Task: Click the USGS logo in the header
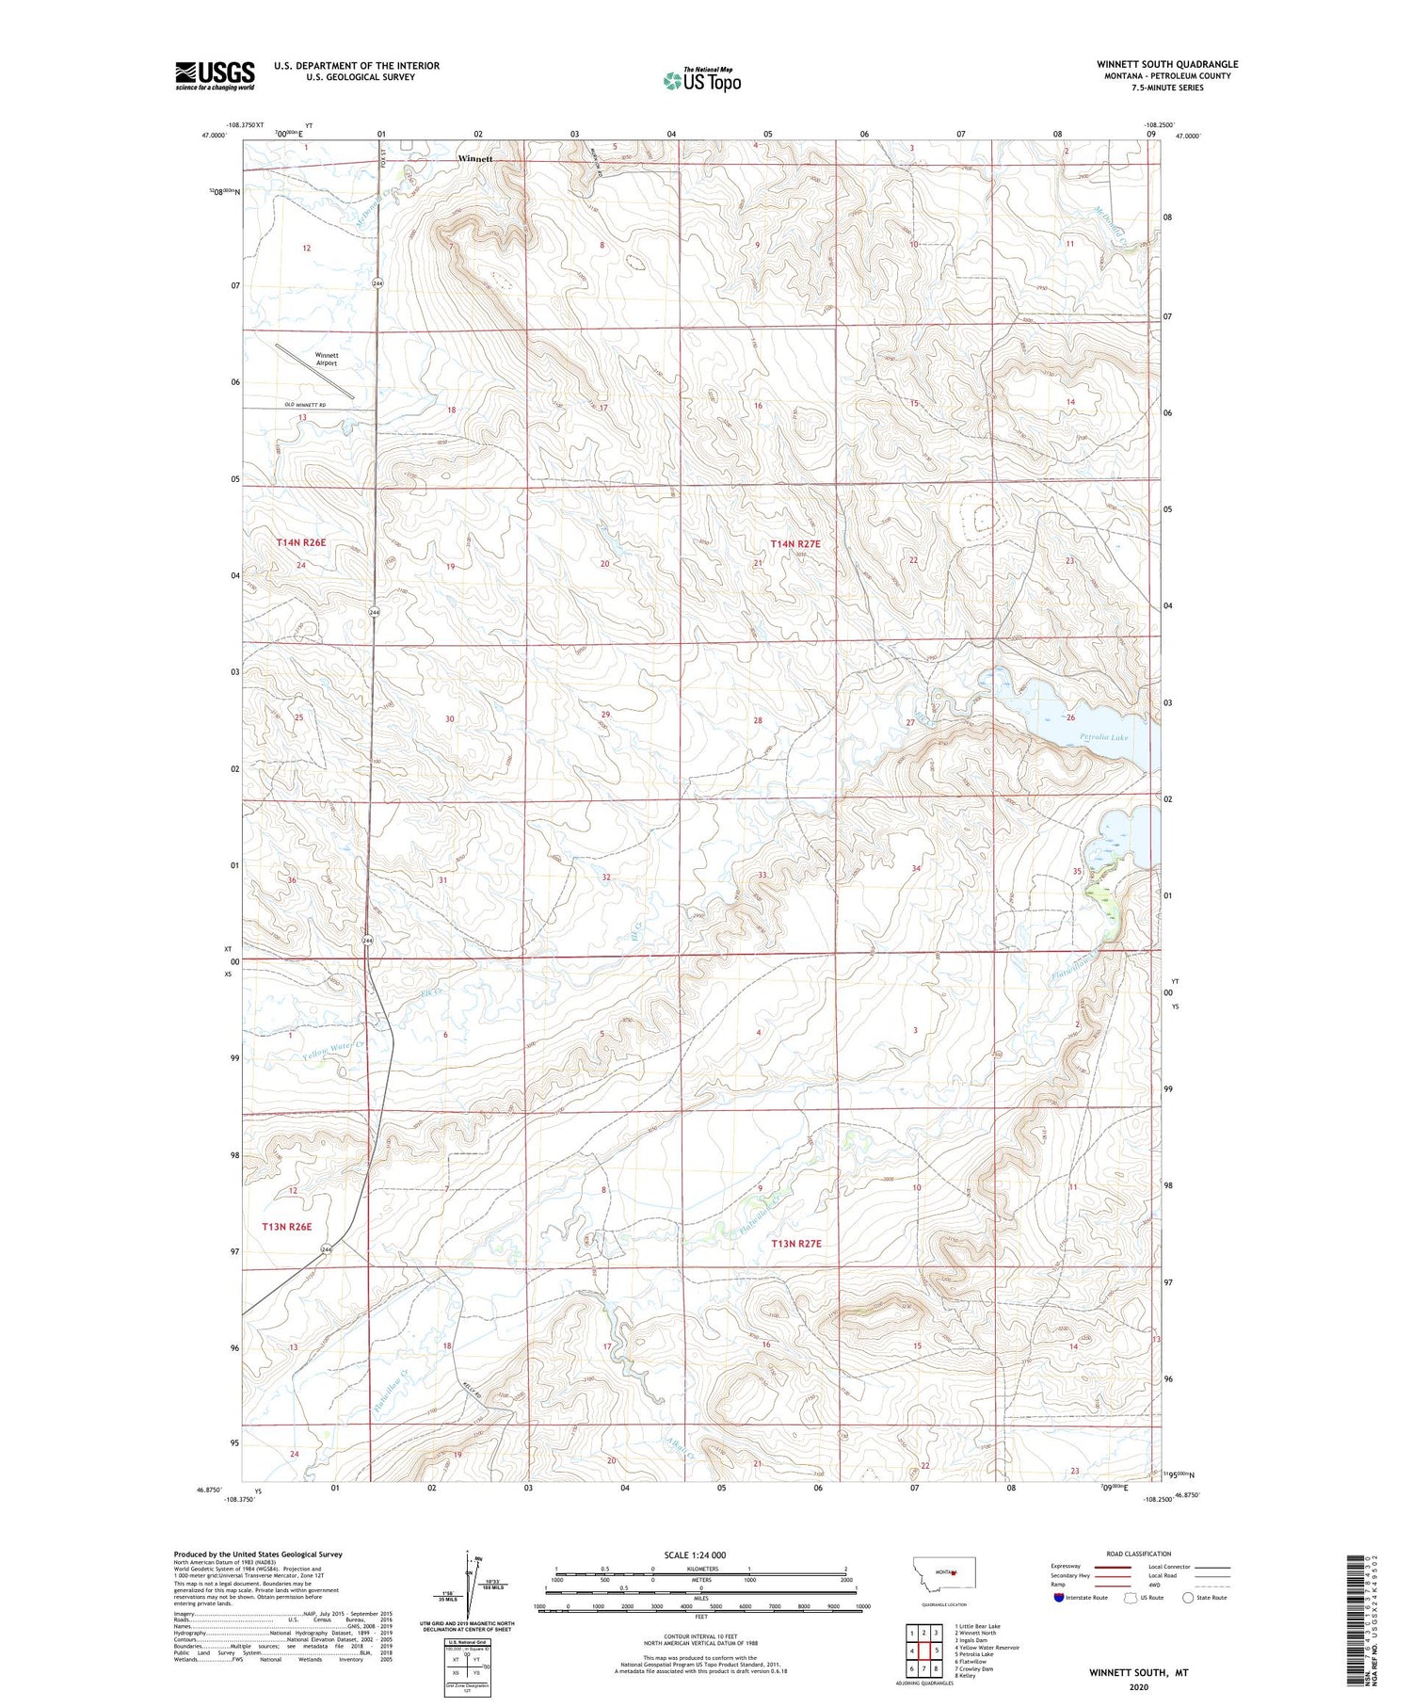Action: [x=215, y=75]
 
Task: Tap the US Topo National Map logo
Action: [x=701, y=80]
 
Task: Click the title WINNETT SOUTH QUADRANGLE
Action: [x=1166, y=64]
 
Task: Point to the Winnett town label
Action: [x=474, y=159]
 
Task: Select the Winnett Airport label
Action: [x=327, y=359]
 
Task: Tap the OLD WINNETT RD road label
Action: [x=304, y=405]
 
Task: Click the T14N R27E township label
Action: [x=795, y=543]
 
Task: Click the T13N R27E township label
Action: [x=796, y=1244]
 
